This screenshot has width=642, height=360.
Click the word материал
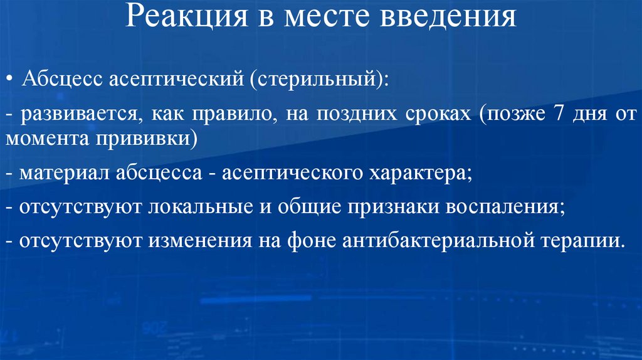(62, 174)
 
